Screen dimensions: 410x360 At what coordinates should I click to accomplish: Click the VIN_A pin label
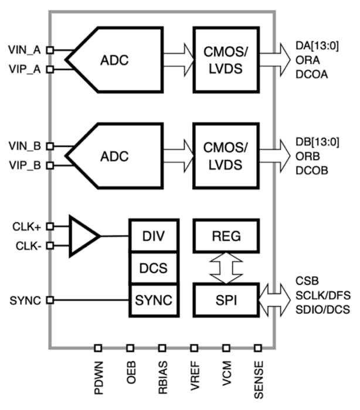pos(25,50)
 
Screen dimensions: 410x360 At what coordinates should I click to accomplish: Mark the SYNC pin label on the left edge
pos(25,300)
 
